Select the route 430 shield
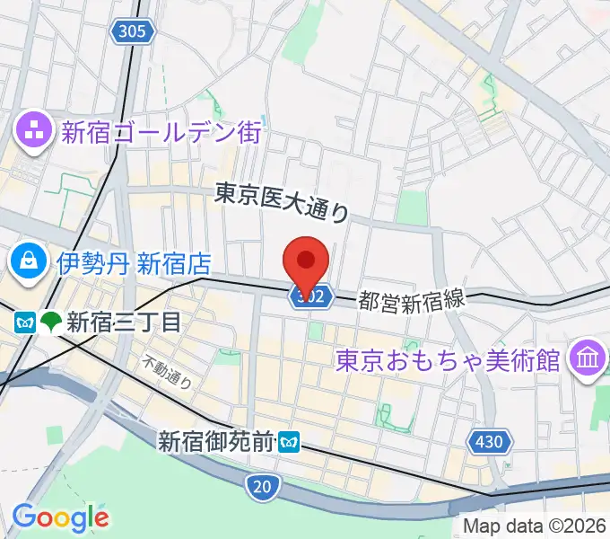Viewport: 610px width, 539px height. (x=489, y=441)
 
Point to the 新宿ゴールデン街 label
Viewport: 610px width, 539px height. (x=161, y=134)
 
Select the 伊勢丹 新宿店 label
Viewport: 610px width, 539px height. (x=134, y=263)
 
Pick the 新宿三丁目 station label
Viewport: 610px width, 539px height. (x=125, y=321)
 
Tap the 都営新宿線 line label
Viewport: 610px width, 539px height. (x=413, y=299)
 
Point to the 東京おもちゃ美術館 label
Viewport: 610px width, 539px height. (x=448, y=359)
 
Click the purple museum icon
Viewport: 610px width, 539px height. (x=588, y=358)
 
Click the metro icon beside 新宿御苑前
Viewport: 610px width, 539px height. (x=289, y=441)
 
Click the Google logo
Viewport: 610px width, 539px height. (x=60, y=517)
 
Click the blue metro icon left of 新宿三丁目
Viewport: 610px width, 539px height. (x=24, y=321)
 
